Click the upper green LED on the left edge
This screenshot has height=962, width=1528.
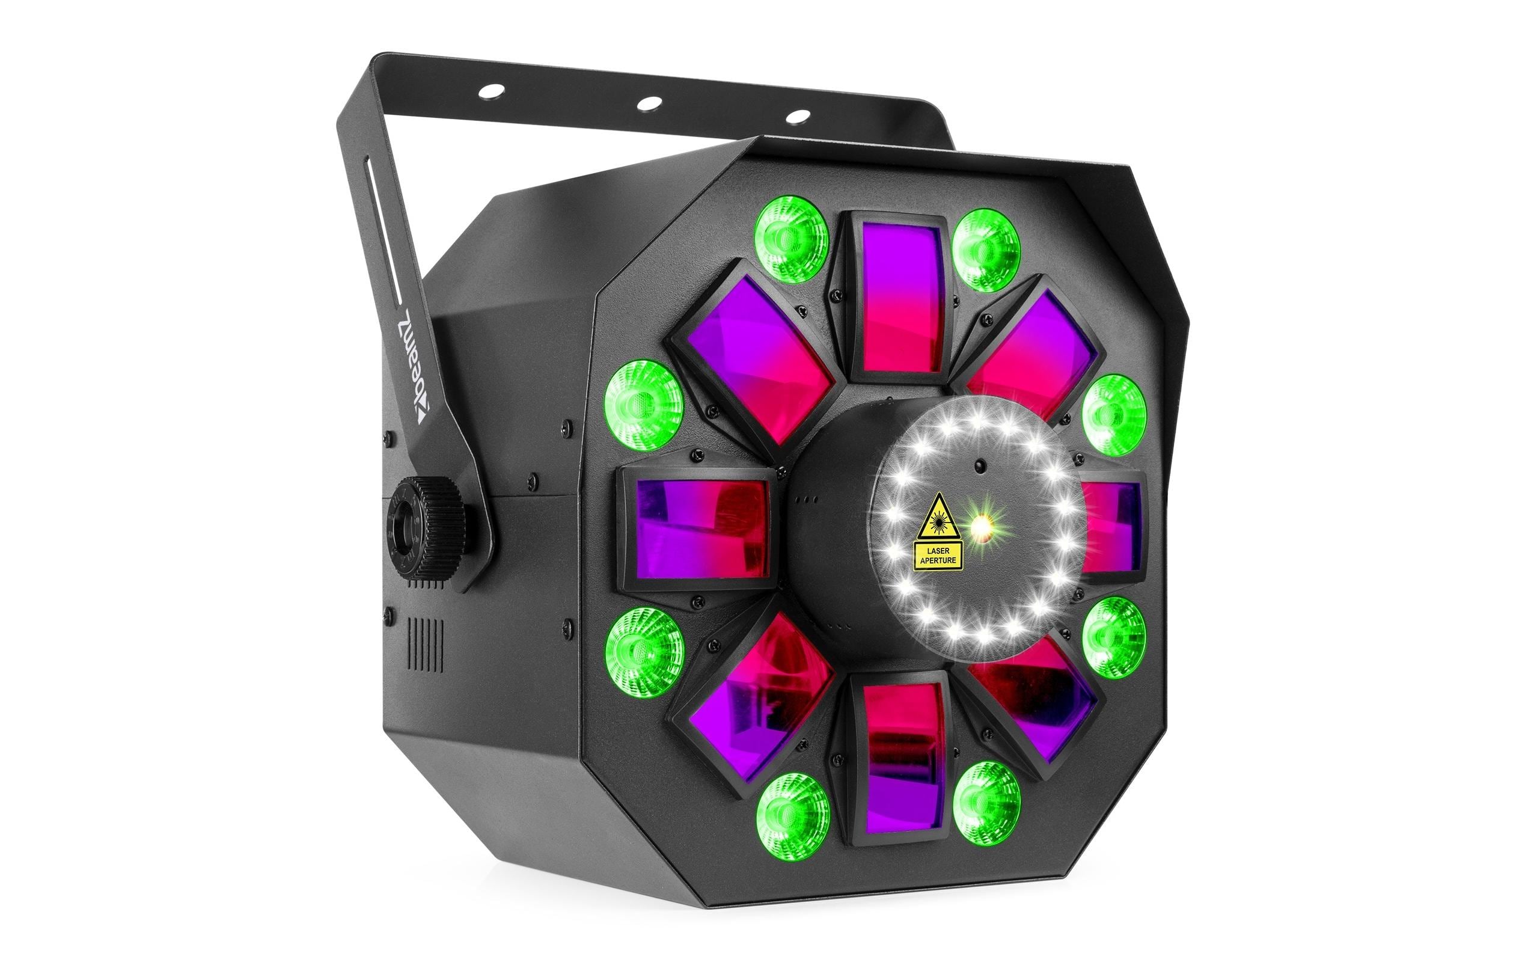click(643, 405)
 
